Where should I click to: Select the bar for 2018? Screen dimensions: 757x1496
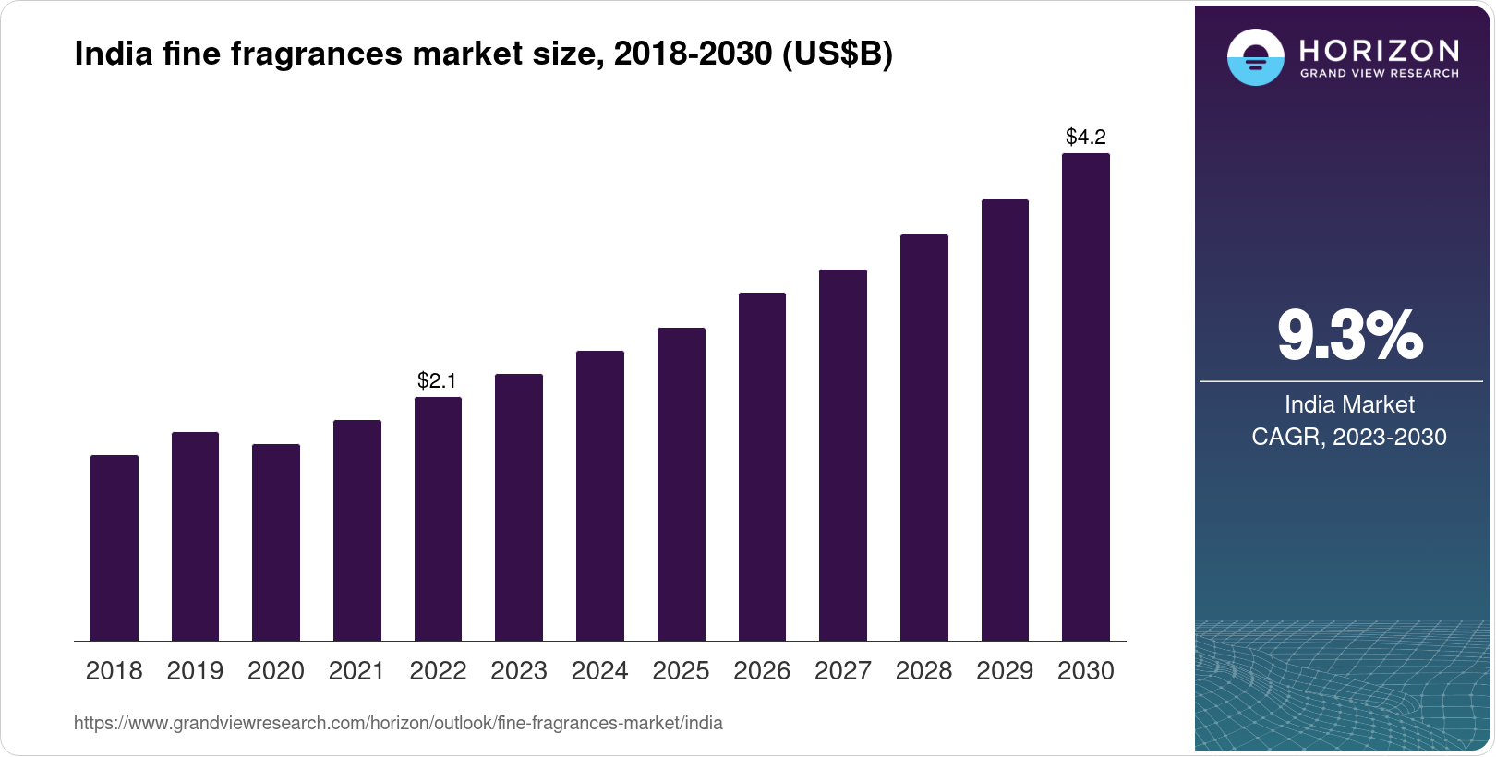[x=115, y=547]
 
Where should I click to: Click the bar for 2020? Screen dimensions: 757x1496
[x=276, y=542]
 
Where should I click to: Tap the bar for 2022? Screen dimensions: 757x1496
[x=438, y=519]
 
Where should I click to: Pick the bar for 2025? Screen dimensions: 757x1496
[x=681, y=484]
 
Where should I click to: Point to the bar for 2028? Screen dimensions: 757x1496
[x=923, y=438]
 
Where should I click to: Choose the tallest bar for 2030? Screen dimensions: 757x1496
[x=1086, y=397]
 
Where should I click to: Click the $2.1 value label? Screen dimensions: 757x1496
[x=437, y=380]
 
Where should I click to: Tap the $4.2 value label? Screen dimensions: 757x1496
[x=1086, y=138]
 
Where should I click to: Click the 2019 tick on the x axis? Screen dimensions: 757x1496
[x=195, y=671]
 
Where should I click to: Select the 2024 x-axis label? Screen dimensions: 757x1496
[x=599, y=671]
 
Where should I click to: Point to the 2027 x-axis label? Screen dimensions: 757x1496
[x=842, y=671]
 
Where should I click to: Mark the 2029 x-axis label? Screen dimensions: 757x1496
[x=1005, y=671]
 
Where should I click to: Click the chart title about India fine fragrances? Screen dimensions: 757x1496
[x=483, y=54]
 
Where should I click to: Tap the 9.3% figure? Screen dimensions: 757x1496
[x=1349, y=336]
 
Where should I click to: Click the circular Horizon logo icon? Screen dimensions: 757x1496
[x=1255, y=57]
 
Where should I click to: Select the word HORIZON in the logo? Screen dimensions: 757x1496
[x=1379, y=50]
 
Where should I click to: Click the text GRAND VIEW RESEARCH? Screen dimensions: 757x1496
[x=1379, y=74]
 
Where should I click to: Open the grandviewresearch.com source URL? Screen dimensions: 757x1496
[x=398, y=724]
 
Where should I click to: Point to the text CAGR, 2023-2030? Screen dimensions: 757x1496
[x=1348, y=437]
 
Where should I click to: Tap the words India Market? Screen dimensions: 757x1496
[x=1349, y=404]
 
